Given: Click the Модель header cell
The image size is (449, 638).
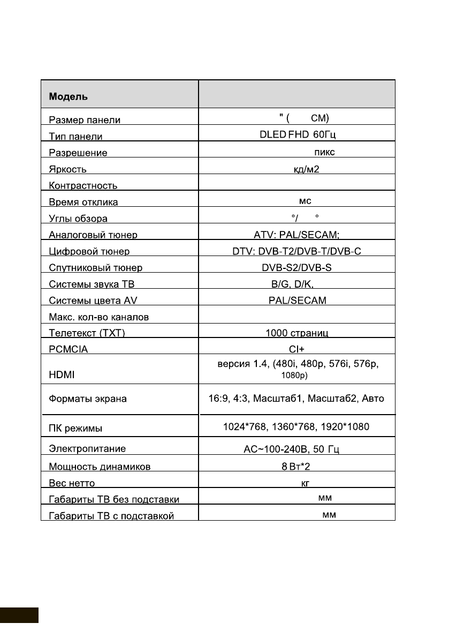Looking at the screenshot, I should point(69,97).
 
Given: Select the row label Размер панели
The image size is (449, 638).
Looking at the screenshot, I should point(85,121).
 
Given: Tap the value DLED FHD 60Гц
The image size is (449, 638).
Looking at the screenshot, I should point(297,136).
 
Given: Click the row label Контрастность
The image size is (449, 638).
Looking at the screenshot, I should point(83,186).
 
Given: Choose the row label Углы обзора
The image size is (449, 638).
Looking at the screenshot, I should point(78,219).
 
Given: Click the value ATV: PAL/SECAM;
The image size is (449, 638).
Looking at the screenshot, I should point(296,235).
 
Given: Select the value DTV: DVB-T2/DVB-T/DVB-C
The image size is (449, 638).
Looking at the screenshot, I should point(296,251).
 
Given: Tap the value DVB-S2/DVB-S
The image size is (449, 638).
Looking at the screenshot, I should point(296,267).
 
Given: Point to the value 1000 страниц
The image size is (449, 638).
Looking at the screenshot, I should point(296,333).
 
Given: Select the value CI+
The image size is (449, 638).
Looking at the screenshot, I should point(296,349).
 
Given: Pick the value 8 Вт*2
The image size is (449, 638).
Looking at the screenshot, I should point(296,467).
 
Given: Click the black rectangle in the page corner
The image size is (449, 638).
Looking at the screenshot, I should point(19,615).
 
